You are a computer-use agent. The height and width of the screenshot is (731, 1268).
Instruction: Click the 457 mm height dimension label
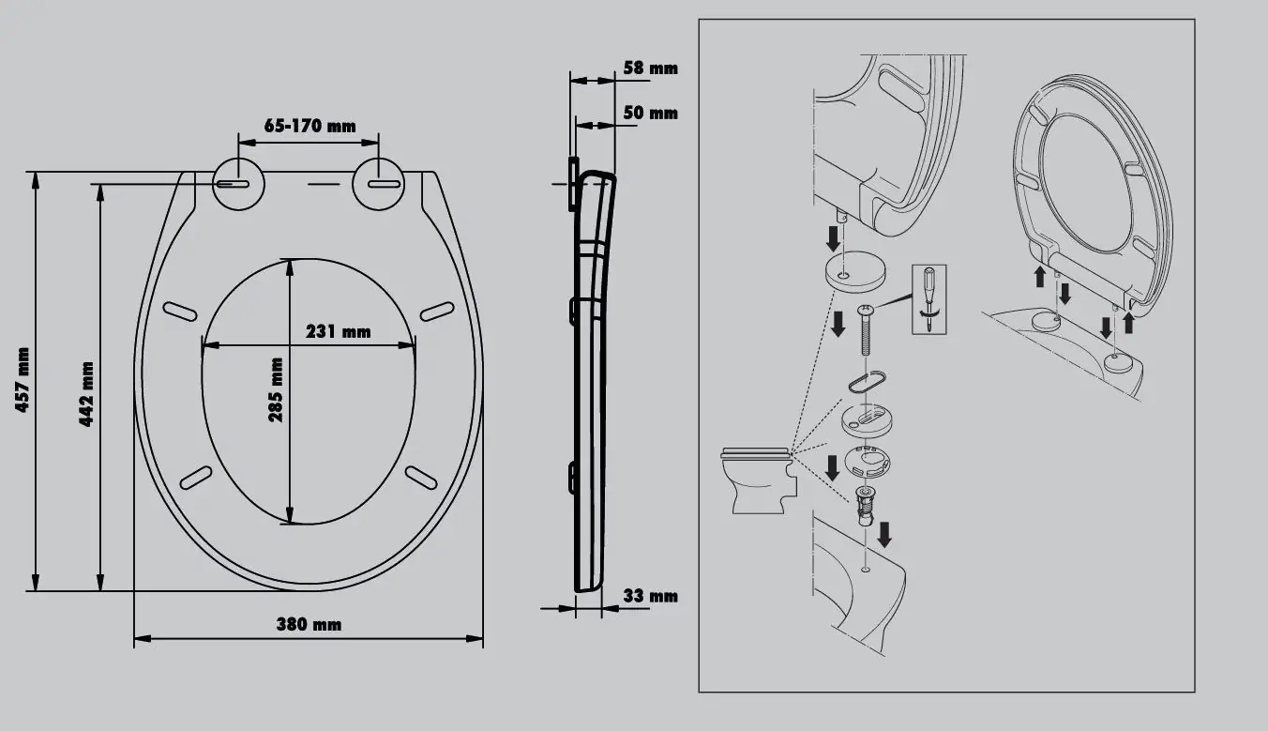[x=23, y=380]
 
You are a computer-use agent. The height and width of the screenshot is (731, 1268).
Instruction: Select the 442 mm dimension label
[x=86, y=393]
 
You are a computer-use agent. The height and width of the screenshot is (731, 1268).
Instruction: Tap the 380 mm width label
[x=309, y=625]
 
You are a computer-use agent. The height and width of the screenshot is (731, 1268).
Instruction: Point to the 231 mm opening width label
[x=339, y=331]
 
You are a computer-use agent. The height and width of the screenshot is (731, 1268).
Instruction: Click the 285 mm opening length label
[x=276, y=389]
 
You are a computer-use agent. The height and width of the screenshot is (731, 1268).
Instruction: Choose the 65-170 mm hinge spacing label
[x=310, y=126]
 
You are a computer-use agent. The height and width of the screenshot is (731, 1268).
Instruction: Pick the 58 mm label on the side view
[x=651, y=68]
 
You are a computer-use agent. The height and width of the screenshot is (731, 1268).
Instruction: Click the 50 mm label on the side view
[x=651, y=114]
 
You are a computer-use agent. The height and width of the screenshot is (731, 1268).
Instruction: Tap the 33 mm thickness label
[x=651, y=596]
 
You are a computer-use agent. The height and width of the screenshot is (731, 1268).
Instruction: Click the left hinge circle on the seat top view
[x=239, y=184]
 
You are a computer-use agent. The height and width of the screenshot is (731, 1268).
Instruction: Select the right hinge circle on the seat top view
[x=379, y=184]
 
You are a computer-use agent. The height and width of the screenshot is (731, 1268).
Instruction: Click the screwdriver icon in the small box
[x=928, y=299]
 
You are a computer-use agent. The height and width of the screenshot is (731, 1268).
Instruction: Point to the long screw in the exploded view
[x=865, y=329]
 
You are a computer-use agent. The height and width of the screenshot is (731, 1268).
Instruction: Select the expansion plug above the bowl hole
[x=865, y=505]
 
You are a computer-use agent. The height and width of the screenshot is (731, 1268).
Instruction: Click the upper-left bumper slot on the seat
[x=180, y=312]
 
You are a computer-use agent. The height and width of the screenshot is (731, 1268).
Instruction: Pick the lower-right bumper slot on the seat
[x=421, y=478]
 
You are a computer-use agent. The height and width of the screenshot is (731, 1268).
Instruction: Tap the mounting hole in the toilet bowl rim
[x=865, y=569]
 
